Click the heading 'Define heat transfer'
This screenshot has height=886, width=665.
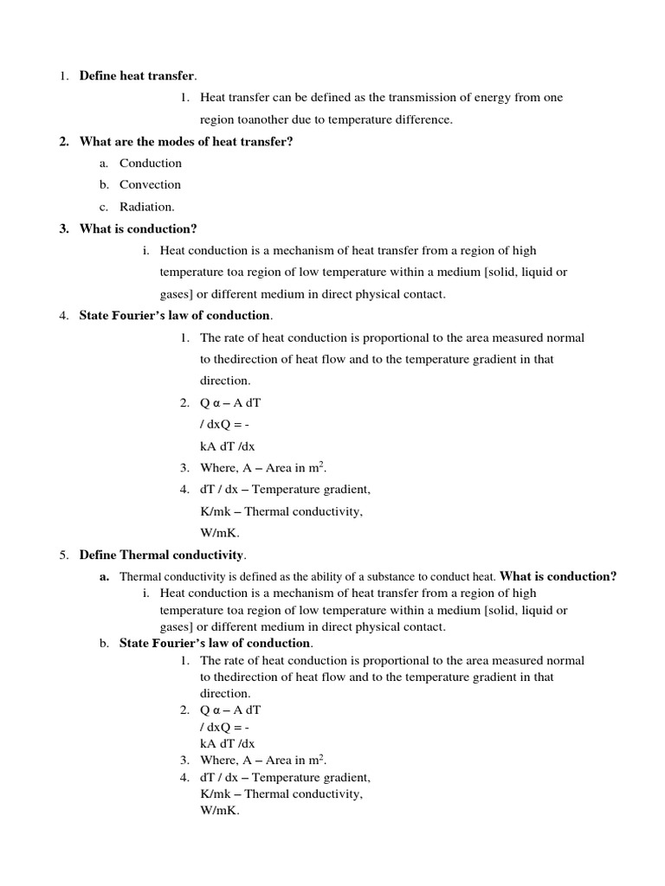(138, 76)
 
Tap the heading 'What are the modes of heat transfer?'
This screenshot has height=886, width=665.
(186, 141)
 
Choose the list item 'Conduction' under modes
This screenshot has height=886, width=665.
(151, 163)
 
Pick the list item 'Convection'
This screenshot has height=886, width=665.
(151, 184)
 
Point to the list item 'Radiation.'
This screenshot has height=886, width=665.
(147, 206)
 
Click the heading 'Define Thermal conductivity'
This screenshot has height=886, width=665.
(162, 555)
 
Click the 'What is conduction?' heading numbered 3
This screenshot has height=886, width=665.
(139, 228)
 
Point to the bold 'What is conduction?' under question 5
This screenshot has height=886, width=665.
(558, 576)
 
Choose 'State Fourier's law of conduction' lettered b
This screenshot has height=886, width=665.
(215, 643)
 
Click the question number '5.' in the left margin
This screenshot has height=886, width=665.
(64, 555)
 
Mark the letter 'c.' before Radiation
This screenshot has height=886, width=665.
(103, 206)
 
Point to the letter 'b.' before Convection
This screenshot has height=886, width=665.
(103, 184)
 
